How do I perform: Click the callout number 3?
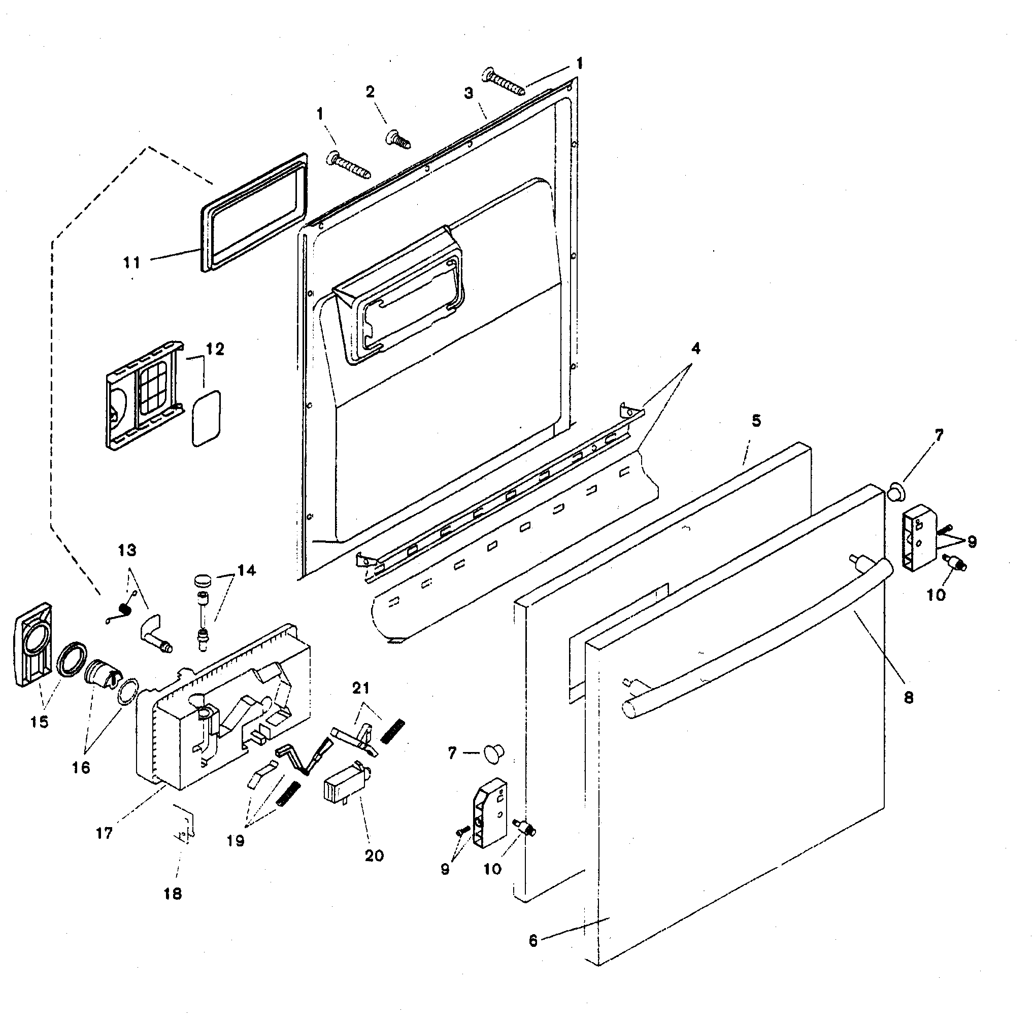(469, 93)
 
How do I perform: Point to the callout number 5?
(756, 421)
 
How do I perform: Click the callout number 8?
(909, 697)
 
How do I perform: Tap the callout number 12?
(215, 349)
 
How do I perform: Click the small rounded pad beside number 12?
(206, 418)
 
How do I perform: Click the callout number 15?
(39, 722)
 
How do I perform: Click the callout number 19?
(235, 840)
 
